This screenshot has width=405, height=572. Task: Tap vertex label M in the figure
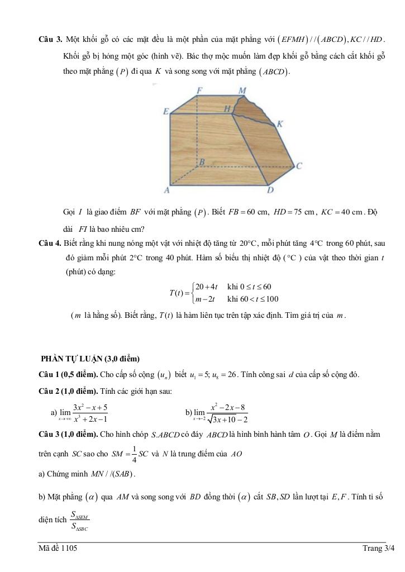(x=242, y=90)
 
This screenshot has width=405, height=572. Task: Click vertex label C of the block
(x=299, y=166)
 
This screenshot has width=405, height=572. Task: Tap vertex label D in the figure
(x=270, y=190)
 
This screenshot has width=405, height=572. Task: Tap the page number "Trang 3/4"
(x=378, y=549)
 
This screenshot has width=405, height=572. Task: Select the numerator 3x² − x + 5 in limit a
(x=90, y=408)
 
